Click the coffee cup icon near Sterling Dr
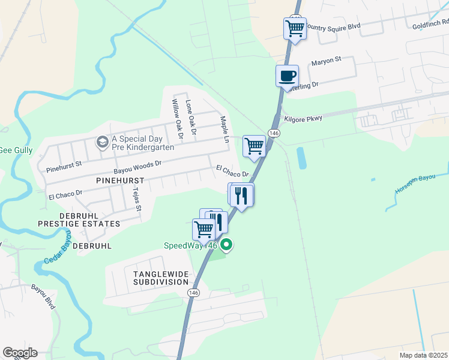coord(287,76)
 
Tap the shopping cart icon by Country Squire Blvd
coord(295,28)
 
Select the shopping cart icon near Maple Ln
coord(255,145)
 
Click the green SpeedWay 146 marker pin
coord(226,245)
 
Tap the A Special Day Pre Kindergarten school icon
coord(102,142)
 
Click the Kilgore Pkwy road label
coord(303,119)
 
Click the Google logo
coord(20,353)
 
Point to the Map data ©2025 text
coord(423,355)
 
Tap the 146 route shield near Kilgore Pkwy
coord(274,133)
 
